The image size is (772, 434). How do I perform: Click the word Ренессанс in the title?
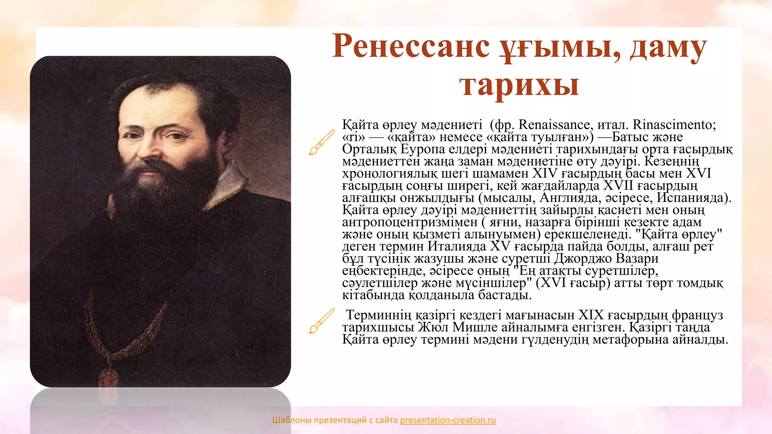411,47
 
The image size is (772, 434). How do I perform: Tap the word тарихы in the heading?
519,85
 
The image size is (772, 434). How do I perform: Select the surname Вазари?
637,258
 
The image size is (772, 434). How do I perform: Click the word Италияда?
457,246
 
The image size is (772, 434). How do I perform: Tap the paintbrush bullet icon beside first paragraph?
321,142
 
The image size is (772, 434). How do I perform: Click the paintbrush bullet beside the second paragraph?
321,321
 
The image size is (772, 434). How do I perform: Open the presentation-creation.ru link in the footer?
448,420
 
